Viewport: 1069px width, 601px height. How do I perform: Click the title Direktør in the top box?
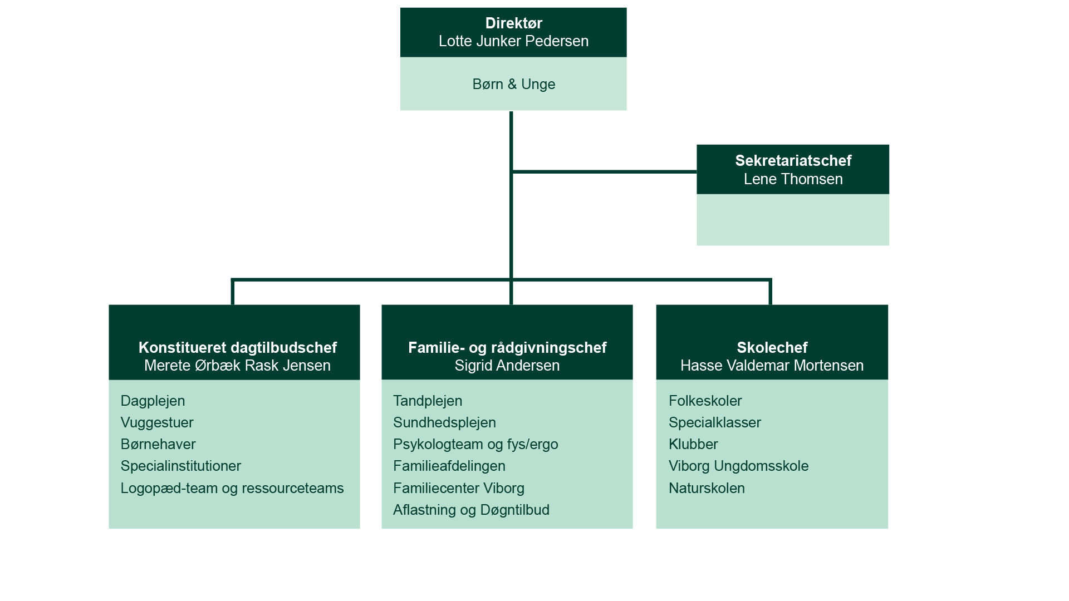click(x=513, y=23)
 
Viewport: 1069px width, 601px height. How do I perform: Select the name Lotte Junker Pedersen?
click(x=513, y=41)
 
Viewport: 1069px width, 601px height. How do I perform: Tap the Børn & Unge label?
click(x=513, y=84)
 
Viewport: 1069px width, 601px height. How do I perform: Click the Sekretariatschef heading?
click(x=793, y=161)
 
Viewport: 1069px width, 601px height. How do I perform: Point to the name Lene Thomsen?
click(x=793, y=179)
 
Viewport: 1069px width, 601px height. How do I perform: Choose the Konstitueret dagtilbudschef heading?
click(x=237, y=348)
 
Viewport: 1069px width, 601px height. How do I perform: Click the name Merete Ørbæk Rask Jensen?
click(x=237, y=366)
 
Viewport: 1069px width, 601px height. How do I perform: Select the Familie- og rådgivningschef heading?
click(x=507, y=348)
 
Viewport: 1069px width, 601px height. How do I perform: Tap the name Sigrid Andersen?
click(x=507, y=366)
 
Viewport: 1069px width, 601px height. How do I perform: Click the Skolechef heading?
click(x=772, y=348)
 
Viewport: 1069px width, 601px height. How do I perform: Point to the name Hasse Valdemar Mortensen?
click(x=772, y=366)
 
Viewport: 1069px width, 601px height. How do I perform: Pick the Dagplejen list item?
click(x=153, y=401)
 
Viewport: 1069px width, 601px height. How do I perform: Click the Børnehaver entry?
click(x=158, y=444)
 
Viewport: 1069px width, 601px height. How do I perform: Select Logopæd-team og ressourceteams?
click(x=232, y=489)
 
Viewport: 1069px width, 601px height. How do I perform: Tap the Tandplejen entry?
click(x=428, y=401)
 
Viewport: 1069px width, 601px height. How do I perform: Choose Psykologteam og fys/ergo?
click(x=475, y=445)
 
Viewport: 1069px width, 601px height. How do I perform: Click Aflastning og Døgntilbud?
click(x=471, y=510)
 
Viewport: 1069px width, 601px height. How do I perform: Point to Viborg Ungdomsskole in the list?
click(x=738, y=466)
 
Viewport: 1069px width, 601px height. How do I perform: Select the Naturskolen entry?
click(x=707, y=488)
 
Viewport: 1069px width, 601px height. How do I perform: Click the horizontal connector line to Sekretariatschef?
click(x=605, y=172)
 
